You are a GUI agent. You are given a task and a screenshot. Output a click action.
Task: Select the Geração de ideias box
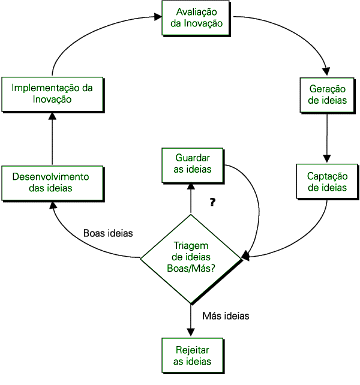coord(327,94)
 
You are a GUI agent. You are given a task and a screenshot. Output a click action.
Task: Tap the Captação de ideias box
coord(327,181)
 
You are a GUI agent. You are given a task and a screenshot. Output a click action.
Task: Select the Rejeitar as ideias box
coord(192,354)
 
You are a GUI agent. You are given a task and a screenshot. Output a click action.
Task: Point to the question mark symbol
coord(212,202)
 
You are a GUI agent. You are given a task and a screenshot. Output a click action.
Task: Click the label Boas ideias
coord(108,233)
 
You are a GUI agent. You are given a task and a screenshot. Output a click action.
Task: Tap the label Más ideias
coord(226,315)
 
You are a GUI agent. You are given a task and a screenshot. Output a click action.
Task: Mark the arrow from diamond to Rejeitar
coord(191,321)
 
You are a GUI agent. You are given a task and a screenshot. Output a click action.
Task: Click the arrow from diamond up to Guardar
coord(191,198)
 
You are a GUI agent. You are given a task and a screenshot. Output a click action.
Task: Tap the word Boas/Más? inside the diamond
coord(191,268)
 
